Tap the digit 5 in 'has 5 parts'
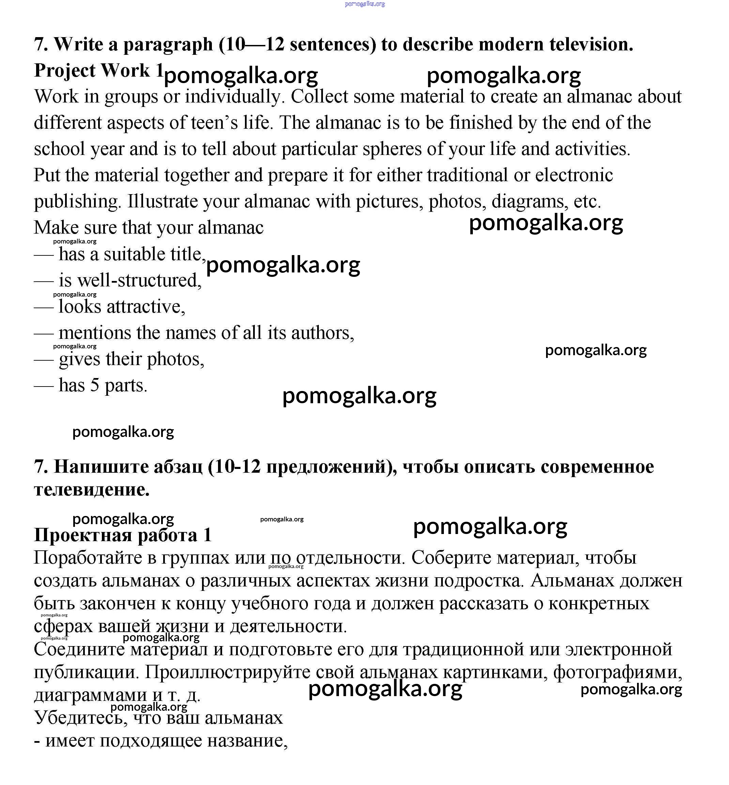click(x=95, y=385)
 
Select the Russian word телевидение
click(x=92, y=490)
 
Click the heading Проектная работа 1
click(x=123, y=535)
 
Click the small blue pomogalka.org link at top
click(x=364, y=4)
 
